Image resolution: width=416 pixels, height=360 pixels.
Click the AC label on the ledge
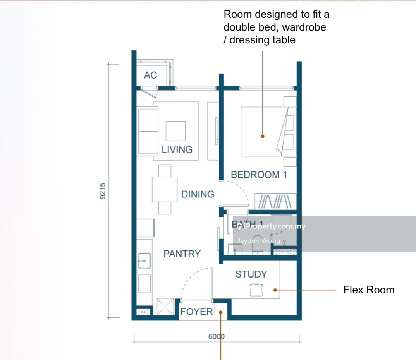(150, 75)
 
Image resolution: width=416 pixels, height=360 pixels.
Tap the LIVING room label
(177, 149)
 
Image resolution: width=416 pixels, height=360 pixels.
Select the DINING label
(198, 194)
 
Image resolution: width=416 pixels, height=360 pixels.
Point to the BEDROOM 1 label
(259, 175)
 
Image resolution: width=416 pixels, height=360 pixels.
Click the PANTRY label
(182, 254)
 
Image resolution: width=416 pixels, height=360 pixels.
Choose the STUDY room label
(251, 274)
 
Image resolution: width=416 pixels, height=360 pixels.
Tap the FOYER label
(197, 312)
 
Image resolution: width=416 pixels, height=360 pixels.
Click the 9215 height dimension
(103, 191)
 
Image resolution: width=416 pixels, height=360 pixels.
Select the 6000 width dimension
(216, 336)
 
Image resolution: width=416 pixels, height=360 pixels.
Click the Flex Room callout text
(369, 290)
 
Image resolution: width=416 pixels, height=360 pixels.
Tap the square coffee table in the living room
(175, 131)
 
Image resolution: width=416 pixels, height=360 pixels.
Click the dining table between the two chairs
(165, 190)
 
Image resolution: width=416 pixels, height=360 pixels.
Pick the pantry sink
(144, 261)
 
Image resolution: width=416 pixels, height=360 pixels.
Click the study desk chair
(256, 290)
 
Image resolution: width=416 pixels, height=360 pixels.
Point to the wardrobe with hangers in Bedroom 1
(275, 201)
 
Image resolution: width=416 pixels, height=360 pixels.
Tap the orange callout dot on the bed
(263, 136)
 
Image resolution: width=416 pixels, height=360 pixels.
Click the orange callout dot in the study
(275, 290)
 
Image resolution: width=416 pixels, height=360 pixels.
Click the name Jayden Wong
(258, 241)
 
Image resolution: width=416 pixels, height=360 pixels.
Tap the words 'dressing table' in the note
(262, 40)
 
